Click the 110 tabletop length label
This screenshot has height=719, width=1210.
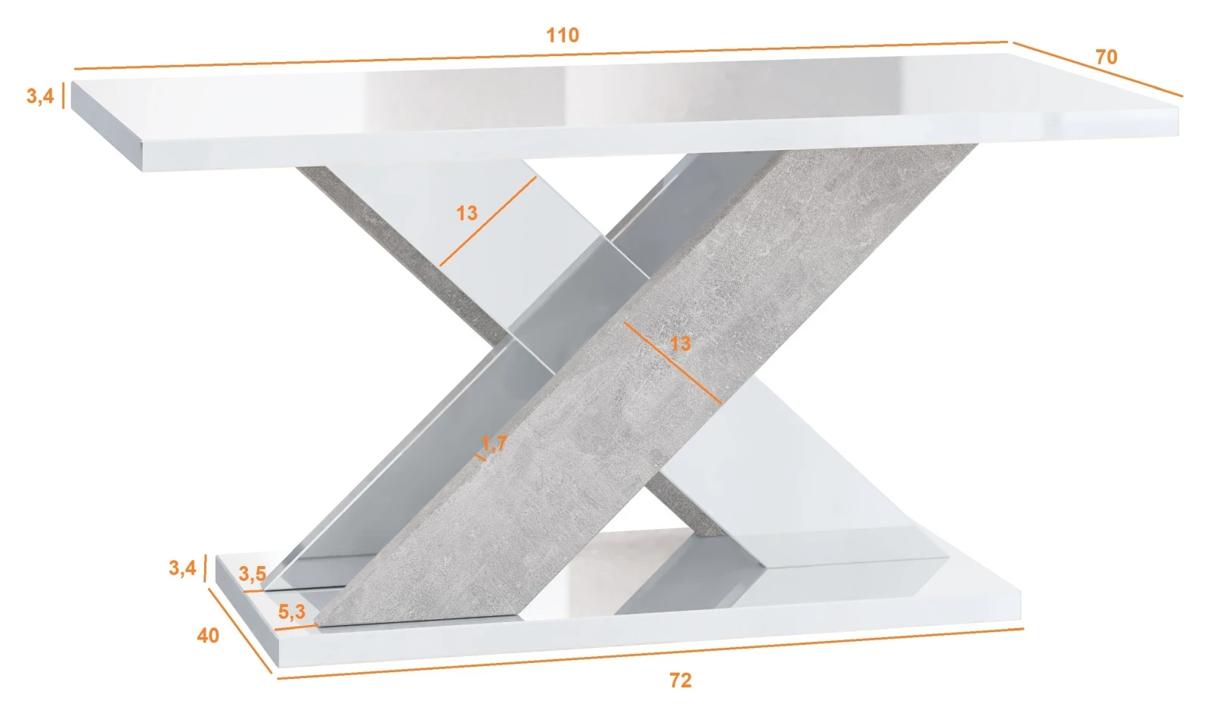click(x=563, y=35)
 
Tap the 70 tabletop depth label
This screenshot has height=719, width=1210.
click(x=1106, y=57)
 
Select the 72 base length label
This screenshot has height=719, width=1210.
click(x=680, y=680)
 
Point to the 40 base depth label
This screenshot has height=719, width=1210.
click(x=208, y=636)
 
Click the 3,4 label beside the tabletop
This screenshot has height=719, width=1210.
click(x=40, y=96)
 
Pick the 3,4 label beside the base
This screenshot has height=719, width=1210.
click(x=182, y=568)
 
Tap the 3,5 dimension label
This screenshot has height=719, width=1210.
click(x=253, y=574)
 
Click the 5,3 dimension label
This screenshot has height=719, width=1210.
click(x=292, y=612)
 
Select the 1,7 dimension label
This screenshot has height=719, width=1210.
click(x=494, y=444)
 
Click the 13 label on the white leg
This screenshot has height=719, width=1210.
click(x=467, y=213)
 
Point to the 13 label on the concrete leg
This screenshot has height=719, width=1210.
click(x=680, y=344)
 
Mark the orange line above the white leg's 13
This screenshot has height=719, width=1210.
click(x=488, y=221)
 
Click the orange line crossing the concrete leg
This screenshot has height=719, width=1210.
click(x=672, y=363)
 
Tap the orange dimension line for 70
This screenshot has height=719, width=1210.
click(x=1097, y=69)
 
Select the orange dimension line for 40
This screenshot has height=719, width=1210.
click(x=240, y=631)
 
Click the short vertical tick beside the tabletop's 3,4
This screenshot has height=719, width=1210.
click(x=64, y=95)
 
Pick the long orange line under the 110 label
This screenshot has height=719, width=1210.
click(x=541, y=56)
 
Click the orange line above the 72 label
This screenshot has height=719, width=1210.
click(x=650, y=654)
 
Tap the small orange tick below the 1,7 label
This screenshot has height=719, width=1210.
click(x=480, y=458)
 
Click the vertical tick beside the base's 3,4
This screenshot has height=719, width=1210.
click(x=205, y=568)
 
